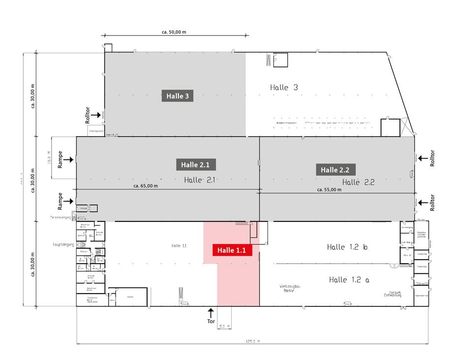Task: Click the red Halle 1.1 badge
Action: click(x=232, y=250)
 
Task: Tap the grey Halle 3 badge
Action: click(x=177, y=96)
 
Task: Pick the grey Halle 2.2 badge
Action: click(x=335, y=170)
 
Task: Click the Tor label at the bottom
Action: click(x=211, y=321)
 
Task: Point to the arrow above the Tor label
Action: click(x=211, y=312)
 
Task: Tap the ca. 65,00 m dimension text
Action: click(x=146, y=186)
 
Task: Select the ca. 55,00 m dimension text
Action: click(x=329, y=190)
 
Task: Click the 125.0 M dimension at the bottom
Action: click(x=253, y=341)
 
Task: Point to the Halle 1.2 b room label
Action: click(x=347, y=247)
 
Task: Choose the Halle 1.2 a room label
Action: click(x=349, y=280)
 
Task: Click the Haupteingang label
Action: click(x=63, y=244)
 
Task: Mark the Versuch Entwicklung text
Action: click(x=393, y=294)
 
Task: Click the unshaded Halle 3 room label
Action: click(x=284, y=87)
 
